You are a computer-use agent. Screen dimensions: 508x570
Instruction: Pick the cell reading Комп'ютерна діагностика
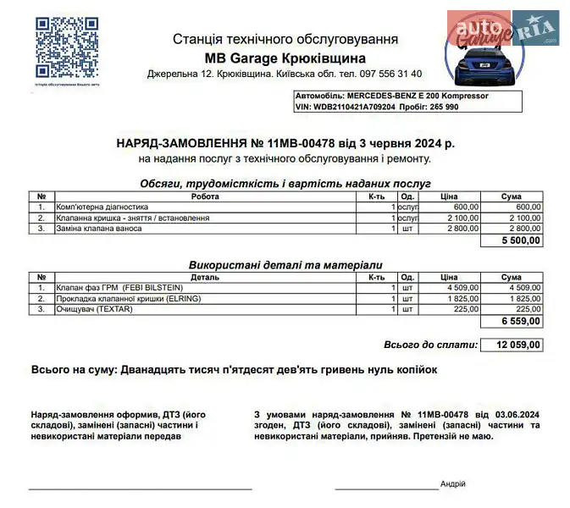[102, 207]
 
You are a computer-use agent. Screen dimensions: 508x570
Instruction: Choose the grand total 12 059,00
[517, 345]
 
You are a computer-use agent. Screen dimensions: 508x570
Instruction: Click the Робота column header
[204, 196]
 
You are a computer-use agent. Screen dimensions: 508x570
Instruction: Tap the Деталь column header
[204, 278]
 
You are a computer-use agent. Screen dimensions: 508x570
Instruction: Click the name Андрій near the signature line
[453, 483]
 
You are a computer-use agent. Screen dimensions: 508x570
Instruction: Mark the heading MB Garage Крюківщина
[285, 58]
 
